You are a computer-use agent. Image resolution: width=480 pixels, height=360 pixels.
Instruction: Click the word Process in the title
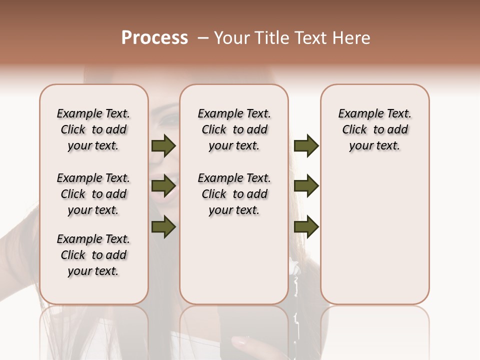[x=154, y=38]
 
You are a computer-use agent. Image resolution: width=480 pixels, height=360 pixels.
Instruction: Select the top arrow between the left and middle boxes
[x=163, y=145]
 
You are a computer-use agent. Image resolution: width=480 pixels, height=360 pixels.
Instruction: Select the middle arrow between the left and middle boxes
[x=163, y=186]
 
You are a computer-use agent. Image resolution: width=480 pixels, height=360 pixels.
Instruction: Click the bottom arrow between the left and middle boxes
[x=163, y=226]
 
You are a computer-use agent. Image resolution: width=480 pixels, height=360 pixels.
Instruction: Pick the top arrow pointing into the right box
[x=306, y=145]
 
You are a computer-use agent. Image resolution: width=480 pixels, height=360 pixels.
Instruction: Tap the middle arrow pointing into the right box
[x=306, y=186]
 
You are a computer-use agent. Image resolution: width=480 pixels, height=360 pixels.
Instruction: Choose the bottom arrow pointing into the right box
[x=306, y=226]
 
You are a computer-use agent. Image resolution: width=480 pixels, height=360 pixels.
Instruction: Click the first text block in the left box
[x=93, y=129]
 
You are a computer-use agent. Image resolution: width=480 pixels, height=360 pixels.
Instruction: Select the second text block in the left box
[x=93, y=194]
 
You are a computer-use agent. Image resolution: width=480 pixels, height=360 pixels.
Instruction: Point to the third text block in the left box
[x=93, y=255]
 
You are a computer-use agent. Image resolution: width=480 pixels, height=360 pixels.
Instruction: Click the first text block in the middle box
[x=234, y=129]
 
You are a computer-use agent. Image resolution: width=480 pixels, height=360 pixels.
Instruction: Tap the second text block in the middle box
[x=234, y=194]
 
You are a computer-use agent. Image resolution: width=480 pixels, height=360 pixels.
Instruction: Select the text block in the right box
[x=374, y=129]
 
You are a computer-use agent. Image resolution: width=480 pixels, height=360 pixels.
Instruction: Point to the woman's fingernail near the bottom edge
[x=240, y=343]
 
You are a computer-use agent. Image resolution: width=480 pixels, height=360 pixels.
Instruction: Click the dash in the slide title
[x=202, y=38]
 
